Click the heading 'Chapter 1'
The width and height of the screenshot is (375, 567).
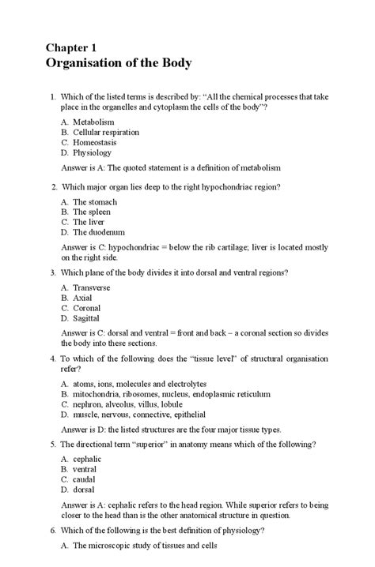(x=78, y=47)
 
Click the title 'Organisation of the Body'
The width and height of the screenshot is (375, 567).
(x=119, y=64)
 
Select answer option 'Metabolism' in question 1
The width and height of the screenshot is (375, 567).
(x=93, y=122)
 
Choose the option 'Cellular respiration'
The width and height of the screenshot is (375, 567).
(x=106, y=133)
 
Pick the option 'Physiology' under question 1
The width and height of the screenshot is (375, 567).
(x=93, y=153)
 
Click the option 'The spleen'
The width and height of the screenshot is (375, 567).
(x=91, y=212)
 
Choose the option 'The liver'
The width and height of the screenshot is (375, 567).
(x=89, y=223)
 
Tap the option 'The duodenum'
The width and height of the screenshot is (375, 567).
(x=98, y=233)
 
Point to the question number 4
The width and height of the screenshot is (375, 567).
(x=52, y=358)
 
